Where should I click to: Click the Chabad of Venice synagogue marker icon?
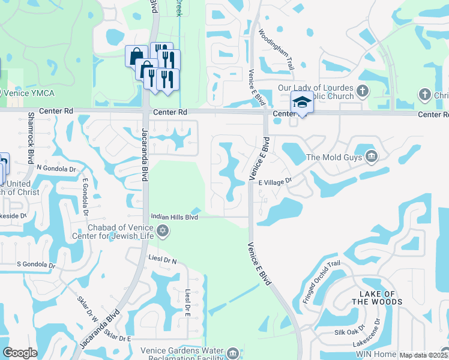click(162, 231)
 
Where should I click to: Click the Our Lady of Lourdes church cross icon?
click(362, 91)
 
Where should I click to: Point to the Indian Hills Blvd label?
click(174, 217)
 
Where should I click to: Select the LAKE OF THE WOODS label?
click(376, 298)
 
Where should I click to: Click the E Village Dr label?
click(275, 181)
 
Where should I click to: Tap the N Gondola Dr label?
click(56, 169)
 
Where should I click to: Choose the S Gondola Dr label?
click(36, 264)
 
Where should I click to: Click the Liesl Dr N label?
click(162, 259)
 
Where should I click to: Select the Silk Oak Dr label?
click(350, 331)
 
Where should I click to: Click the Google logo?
click(20, 353)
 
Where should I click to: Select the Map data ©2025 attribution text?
click(423, 355)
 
